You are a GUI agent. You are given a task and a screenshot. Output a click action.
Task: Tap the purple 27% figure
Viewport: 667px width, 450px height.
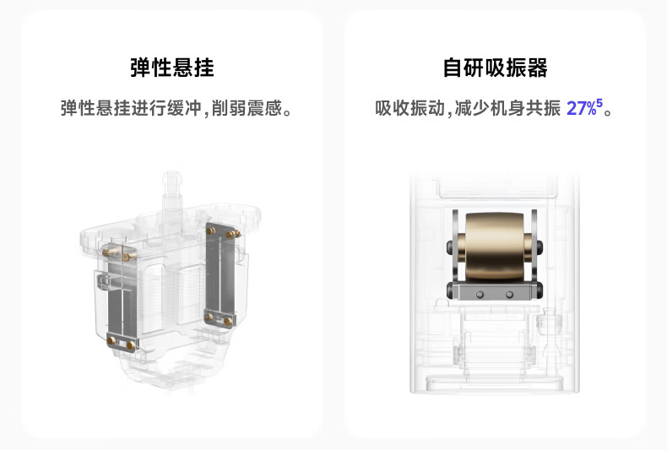[582, 109]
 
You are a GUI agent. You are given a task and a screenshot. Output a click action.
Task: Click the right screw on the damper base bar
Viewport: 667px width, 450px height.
[509, 293]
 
